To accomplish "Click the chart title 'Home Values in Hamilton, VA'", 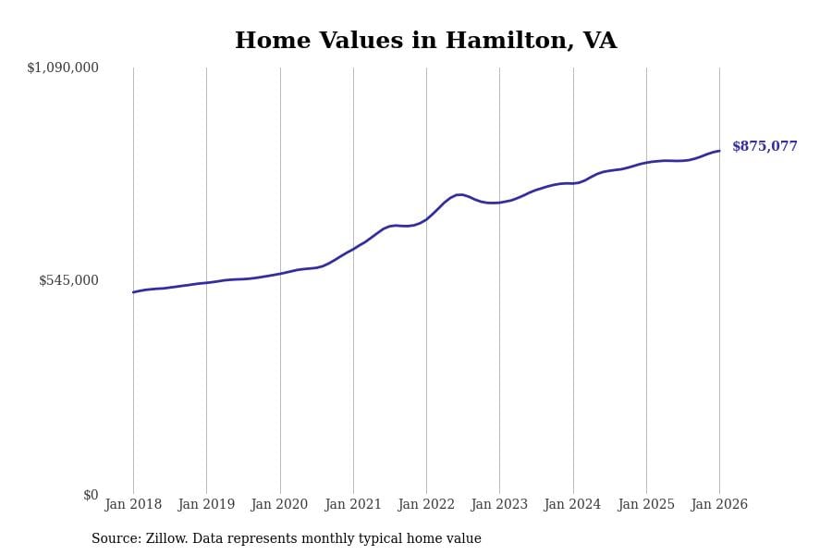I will [x=425, y=42].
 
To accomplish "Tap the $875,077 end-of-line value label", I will [x=765, y=147].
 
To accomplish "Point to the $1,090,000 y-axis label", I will [x=63, y=68].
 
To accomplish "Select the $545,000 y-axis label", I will [x=68, y=280].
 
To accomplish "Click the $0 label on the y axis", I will [x=91, y=495].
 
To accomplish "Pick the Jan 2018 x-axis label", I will [x=133, y=505].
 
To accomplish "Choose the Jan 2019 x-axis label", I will [x=206, y=505].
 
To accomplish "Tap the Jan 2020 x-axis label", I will [x=280, y=505].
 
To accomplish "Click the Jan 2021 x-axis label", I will [x=353, y=505].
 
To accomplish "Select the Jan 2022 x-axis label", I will [x=426, y=505].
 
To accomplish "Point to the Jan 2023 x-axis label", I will [x=499, y=505].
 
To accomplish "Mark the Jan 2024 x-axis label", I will [x=573, y=505].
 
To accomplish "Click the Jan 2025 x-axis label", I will [x=646, y=505].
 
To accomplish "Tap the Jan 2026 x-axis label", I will [x=719, y=505].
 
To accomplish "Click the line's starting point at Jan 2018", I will [x=133, y=292].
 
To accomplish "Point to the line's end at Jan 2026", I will [x=719, y=151].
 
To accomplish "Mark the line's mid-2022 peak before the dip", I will [x=459, y=194].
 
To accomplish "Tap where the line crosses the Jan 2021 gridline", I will [x=353, y=249].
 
